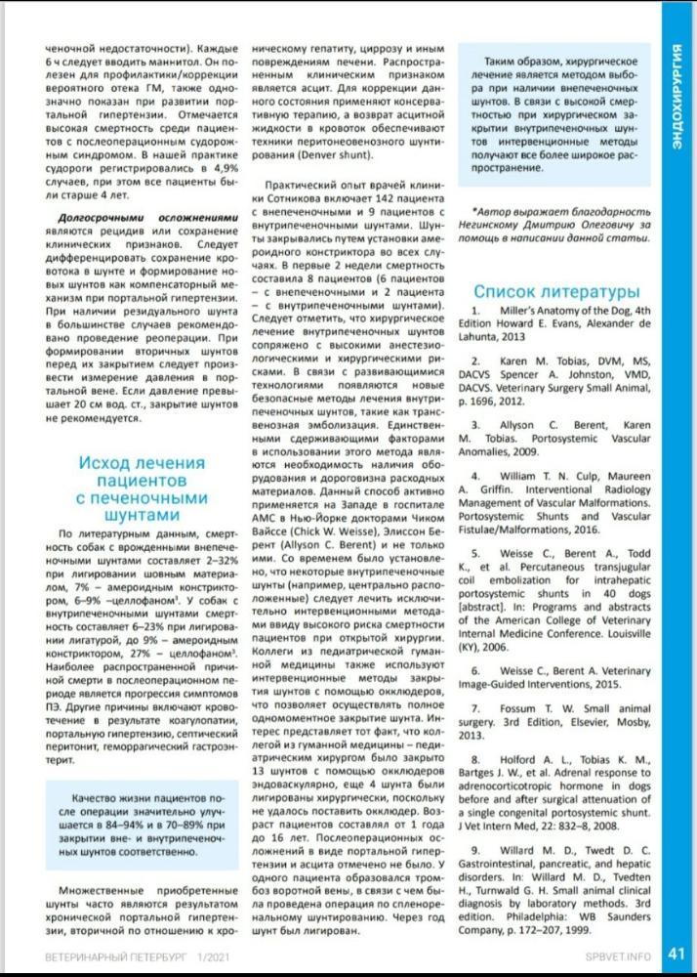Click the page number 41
676,954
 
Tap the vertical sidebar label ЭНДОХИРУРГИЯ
676,94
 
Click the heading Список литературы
556,291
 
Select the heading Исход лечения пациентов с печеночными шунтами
142,488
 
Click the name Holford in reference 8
515,758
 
